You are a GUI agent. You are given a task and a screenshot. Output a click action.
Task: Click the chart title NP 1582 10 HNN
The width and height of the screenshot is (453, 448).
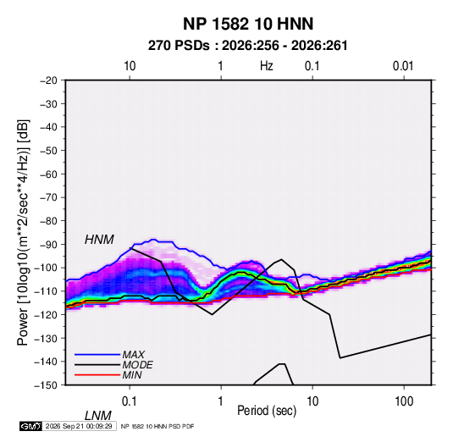tap(248, 24)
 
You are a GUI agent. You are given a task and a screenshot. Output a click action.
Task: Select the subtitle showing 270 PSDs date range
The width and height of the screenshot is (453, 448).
tap(248, 46)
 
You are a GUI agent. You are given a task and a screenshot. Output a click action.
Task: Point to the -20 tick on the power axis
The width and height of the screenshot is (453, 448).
tap(48, 80)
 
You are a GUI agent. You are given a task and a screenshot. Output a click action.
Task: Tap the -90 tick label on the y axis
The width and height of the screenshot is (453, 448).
tap(48, 245)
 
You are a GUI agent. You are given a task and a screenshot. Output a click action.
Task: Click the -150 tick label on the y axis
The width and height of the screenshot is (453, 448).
tap(46, 385)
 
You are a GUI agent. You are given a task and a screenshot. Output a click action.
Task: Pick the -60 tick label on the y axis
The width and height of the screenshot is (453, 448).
tap(48, 174)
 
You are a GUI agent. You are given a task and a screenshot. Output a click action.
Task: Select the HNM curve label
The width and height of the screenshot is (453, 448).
tap(99, 240)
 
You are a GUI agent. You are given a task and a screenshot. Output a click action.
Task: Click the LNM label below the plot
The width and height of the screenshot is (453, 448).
tap(98, 416)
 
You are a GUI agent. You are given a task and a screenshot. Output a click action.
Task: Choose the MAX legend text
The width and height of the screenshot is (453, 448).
tap(134, 355)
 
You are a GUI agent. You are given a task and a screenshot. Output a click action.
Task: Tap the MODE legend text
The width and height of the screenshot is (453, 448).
tap(137, 365)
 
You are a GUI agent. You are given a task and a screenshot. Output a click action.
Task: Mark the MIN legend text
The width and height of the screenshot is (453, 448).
tap(132, 375)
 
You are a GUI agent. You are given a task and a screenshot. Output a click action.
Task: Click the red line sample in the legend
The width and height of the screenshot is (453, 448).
tap(97, 375)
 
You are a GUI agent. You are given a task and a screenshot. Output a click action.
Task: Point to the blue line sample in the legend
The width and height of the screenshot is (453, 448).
tap(97, 355)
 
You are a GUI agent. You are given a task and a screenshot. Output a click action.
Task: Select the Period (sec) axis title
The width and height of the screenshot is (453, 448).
tap(267, 411)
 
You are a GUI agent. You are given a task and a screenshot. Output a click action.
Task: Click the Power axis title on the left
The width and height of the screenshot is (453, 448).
tap(23, 233)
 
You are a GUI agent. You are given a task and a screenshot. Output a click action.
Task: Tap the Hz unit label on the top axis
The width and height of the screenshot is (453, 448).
tap(267, 66)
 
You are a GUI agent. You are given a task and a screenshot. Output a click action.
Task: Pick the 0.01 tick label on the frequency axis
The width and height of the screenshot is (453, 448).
tap(403, 66)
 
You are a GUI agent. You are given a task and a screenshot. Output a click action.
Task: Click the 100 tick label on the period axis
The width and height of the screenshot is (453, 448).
tap(404, 401)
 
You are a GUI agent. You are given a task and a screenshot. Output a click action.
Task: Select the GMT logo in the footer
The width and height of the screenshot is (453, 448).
tap(31, 426)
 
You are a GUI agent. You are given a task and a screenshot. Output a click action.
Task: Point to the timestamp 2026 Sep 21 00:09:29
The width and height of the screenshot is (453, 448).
tap(79, 426)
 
